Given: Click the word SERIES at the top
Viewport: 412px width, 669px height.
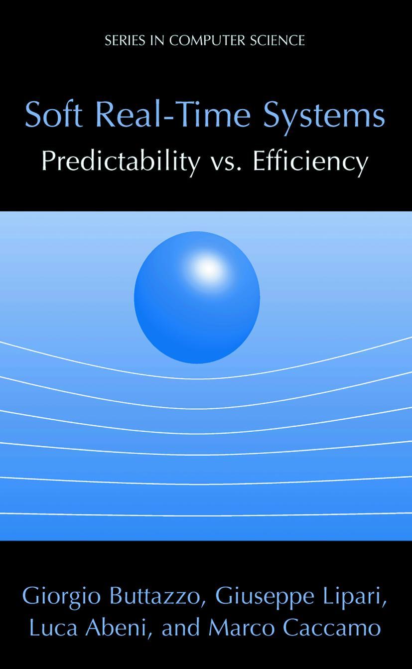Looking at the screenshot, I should (x=125, y=40).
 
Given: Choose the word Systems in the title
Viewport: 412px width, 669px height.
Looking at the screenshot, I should (x=324, y=116).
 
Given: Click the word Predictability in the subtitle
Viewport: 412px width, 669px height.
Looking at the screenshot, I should (x=120, y=162).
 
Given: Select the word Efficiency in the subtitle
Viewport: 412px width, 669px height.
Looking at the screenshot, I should (x=310, y=162).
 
